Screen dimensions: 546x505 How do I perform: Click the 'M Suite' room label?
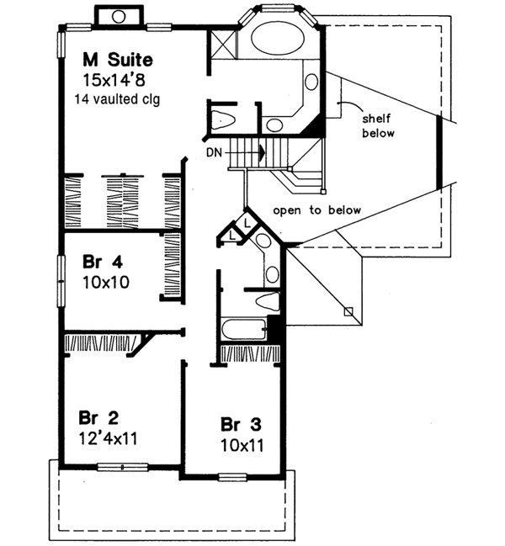click(117, 60)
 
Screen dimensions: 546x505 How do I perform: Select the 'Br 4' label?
click(98, 260)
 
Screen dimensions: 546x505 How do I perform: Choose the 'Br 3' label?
click(238, 423)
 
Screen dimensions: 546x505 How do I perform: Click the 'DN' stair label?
click(214, 152)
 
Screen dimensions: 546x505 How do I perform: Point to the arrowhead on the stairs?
click(263, 152)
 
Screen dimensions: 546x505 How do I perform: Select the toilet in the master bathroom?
click(221, 117)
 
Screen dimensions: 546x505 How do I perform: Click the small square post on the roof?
click(348, 311)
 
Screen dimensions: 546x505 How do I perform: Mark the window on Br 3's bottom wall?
click(232, 478)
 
